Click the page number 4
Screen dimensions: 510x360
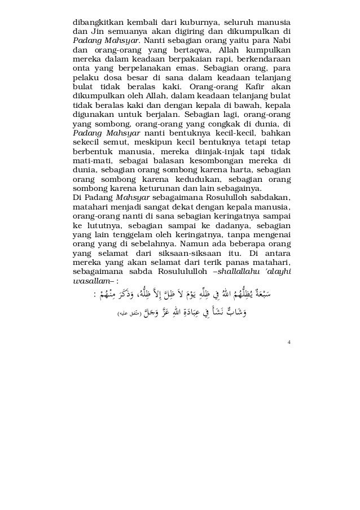click(289, 340)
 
